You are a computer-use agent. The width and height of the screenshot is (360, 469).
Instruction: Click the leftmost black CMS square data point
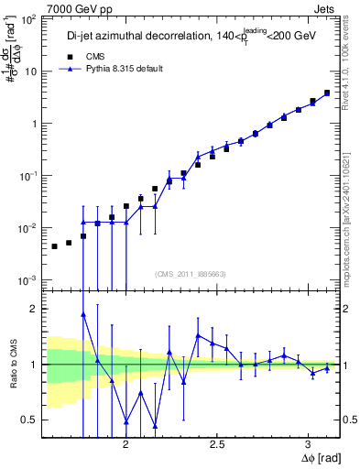coord(55,246)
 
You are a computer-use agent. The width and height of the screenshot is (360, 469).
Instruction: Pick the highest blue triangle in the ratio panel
coord(83,314)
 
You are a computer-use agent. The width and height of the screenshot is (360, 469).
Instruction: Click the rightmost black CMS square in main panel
coord(326,93)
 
